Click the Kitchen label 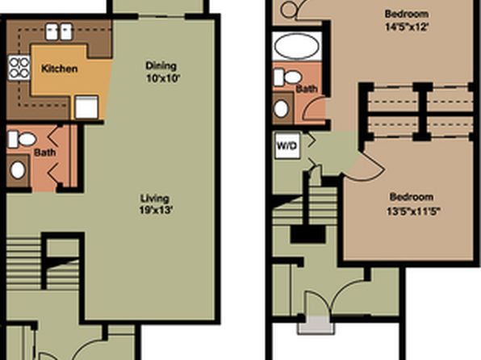click(x=59, y=69)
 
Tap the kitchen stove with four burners click(x=19, y=68)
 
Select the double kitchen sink click(x=59, y=32)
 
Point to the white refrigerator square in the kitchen click(x=86, y=107)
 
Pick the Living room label click(x=155, y=199)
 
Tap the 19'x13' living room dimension click(x=156, y=211)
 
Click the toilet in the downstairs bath click(x=22, y=140)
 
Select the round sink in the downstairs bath click(x=18, y=170)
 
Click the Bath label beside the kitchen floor click(x=44, y=153)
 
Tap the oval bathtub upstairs click(x=297, y=46)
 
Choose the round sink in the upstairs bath click(x=281, y=108)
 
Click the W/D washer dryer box click(x=287, y=145)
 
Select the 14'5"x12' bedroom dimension click(x=406, y=27)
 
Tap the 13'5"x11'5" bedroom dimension click(x=413, y=211)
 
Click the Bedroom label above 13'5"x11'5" click(x=412, y=197)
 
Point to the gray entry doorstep click(x=316, y=324)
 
